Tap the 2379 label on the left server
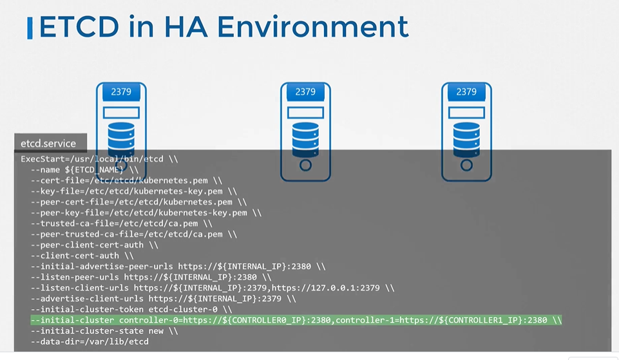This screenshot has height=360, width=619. [121, 92]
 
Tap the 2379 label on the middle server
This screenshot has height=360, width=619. [305, 92]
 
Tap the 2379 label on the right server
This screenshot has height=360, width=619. [466, 92]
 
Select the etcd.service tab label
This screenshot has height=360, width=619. [48, 144]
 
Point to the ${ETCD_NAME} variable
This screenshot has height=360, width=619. [95, 169]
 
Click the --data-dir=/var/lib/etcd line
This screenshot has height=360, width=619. [90, 341]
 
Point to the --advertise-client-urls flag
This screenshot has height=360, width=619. [87, 299]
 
